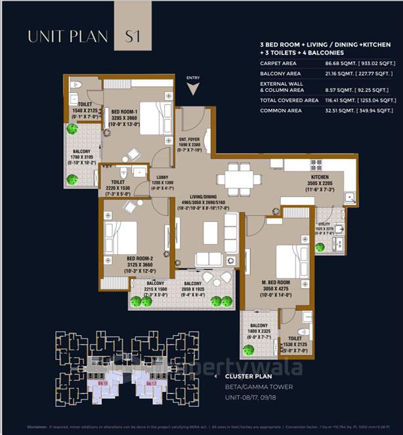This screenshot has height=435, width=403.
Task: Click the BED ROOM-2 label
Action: (123, 259)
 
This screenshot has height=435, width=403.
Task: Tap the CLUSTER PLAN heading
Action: (244, 377)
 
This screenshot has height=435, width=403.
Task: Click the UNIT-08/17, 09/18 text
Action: (249, 398)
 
